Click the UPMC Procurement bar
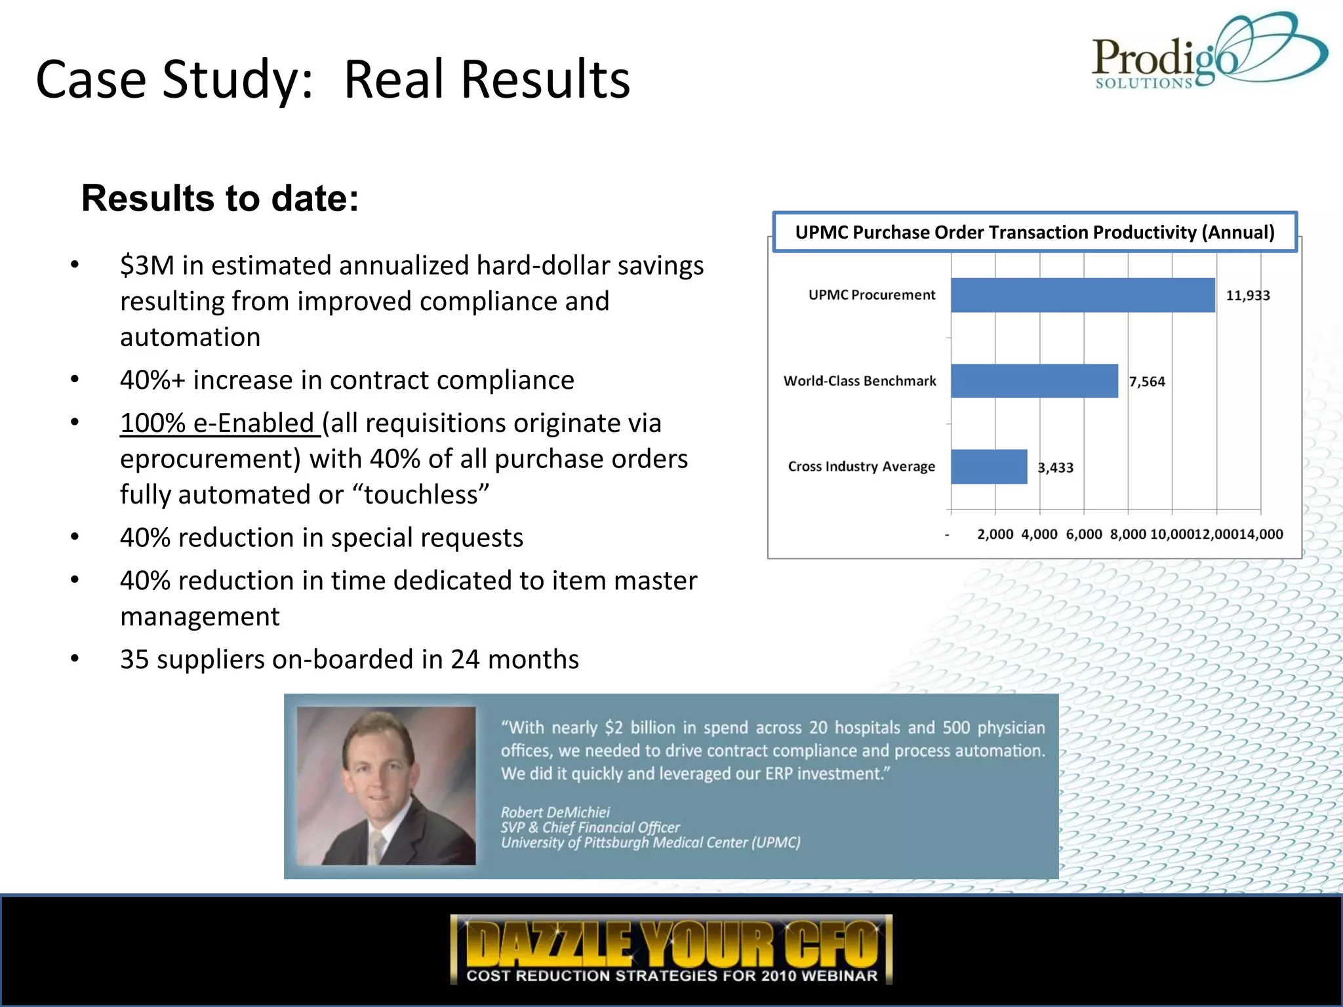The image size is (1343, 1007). coord(1082,295)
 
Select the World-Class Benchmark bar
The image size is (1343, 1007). coord(1034,381)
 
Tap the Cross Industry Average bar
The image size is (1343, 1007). coord(989,467)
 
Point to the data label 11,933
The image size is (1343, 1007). coord(1247,296)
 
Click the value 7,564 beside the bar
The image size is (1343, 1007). coord(1147,382)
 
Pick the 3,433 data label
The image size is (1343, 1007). coord(1055,467)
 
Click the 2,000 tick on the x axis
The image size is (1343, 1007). coord(995,534)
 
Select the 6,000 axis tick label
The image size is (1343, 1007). coord(1083,534)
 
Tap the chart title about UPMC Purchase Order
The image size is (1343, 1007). coord(1034,232)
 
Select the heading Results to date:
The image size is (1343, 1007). coord(220,198)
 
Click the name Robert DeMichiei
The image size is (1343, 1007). coord(555,812)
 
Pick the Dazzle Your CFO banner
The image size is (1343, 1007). coord(671,949)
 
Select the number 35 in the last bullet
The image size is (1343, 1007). coord(134,660)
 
